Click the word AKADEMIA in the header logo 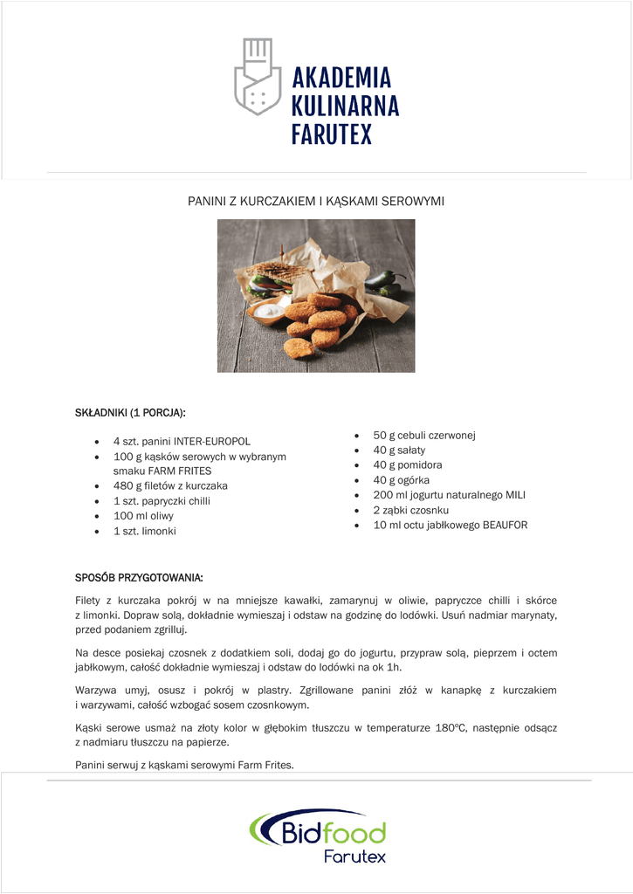(x=341, y=79)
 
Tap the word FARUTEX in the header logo (x=331, y=134)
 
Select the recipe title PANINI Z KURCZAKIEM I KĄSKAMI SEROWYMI (x=316, y=202)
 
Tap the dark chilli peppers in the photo (x=385, y=281)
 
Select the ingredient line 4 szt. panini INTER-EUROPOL (x=182, y=442)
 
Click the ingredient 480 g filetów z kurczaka (x=170, y=485)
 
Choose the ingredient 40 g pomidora (x=407, y=465)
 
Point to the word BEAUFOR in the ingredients (x=505, y=526)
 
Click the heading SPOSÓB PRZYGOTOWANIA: (x=140, y=578)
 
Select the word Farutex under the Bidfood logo (x=354, y=856)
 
